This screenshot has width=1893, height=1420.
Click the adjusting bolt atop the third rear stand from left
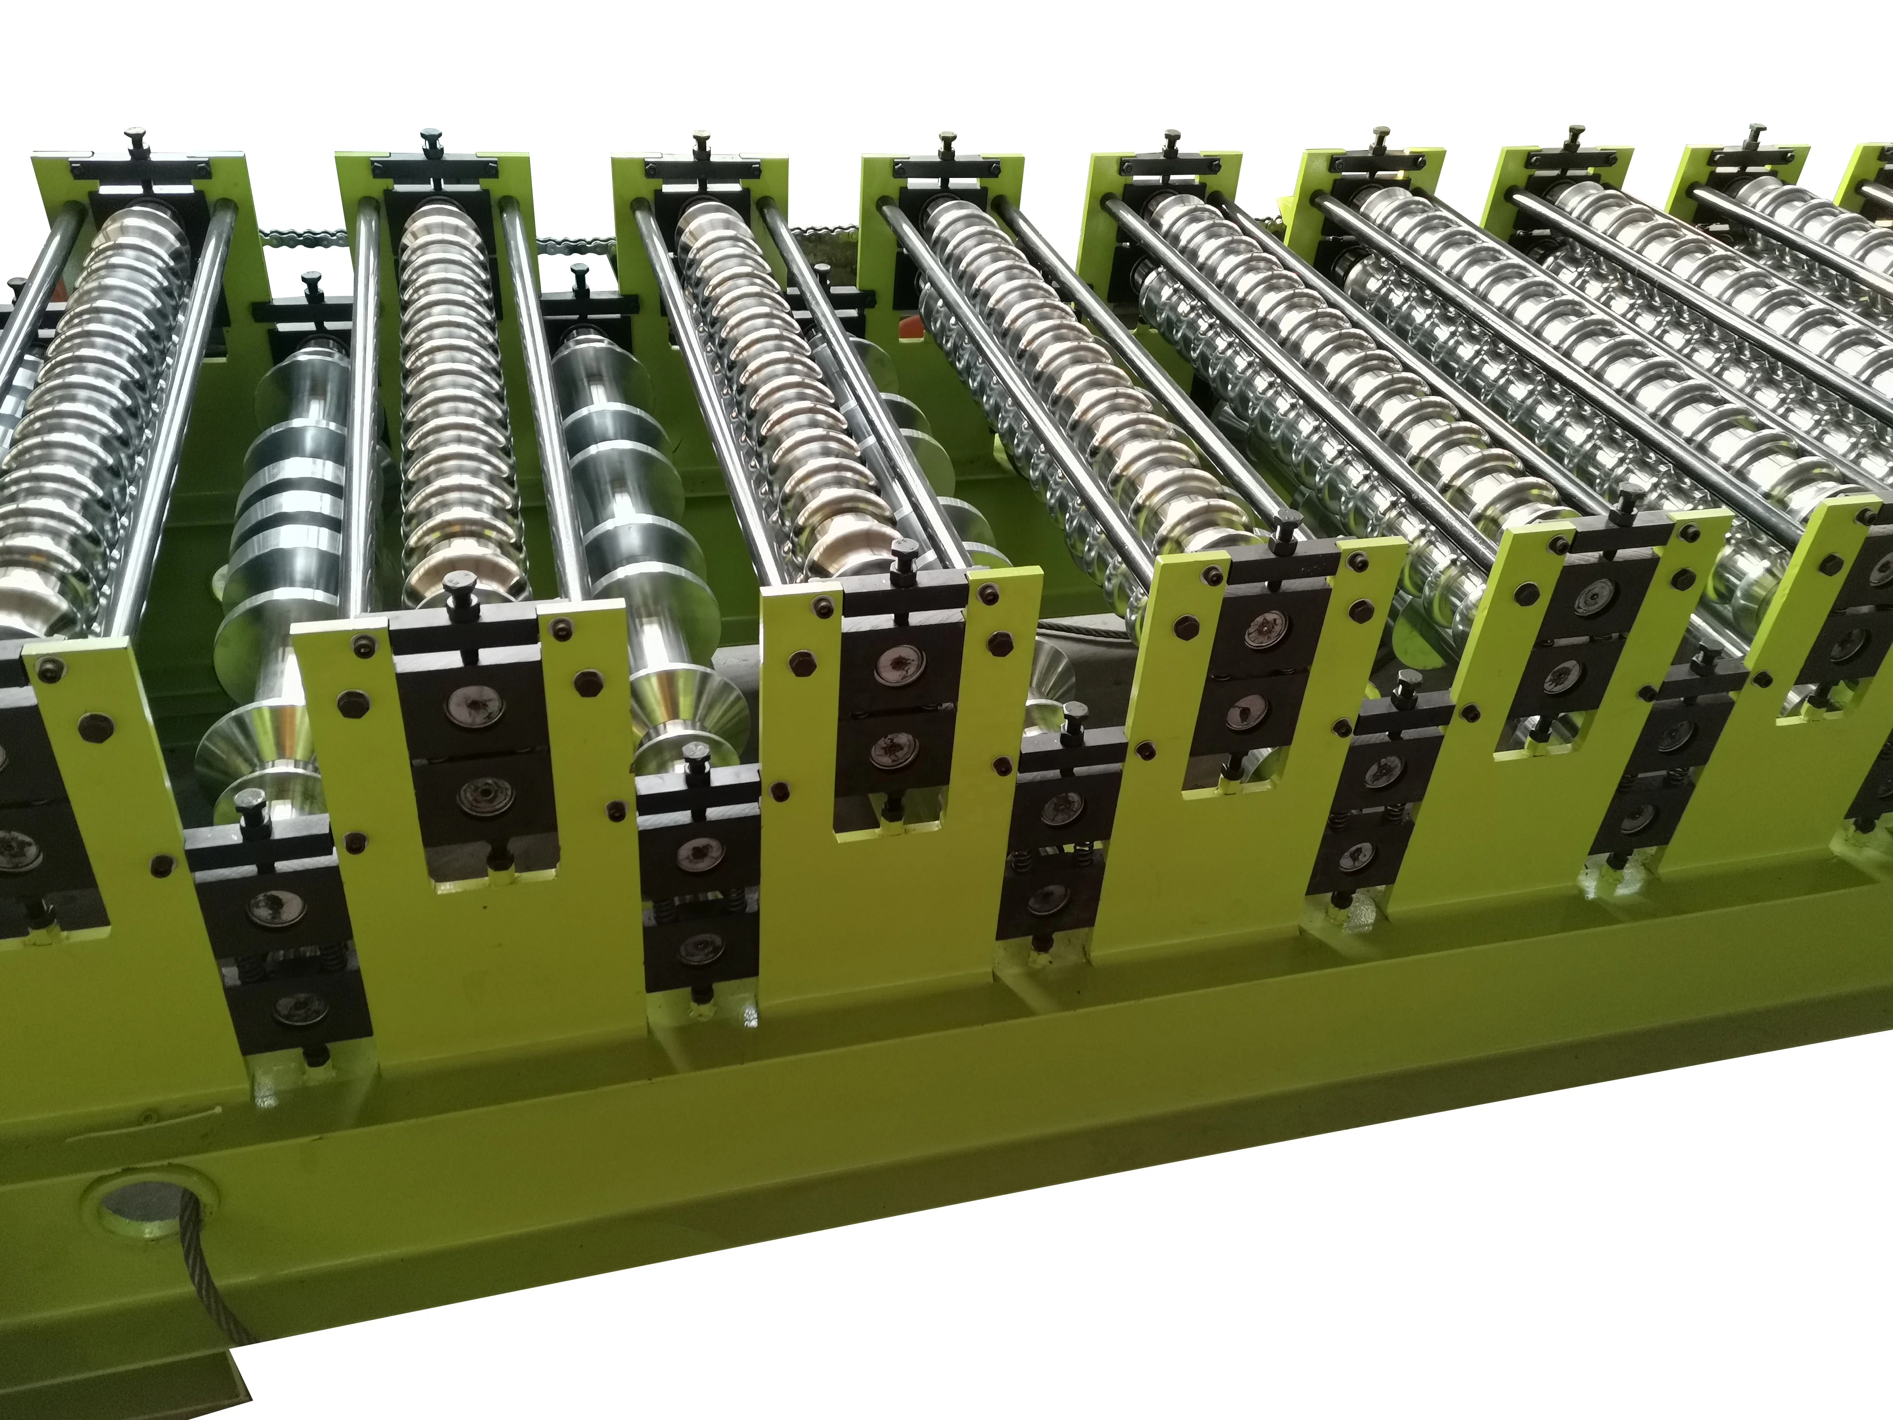pos(702,144)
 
